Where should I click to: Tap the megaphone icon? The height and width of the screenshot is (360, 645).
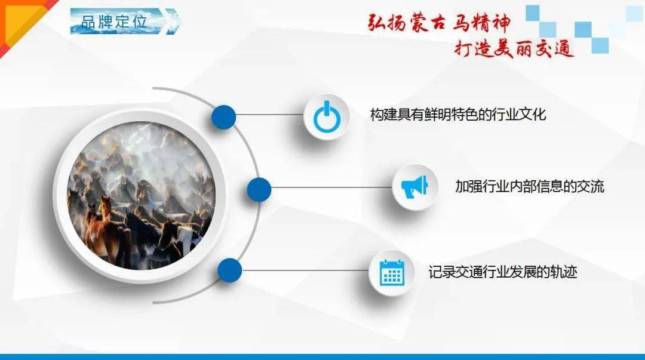point(414,187)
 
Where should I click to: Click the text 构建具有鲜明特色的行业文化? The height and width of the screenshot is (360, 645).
point(457,115)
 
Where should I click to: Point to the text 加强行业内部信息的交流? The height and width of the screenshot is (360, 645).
point(529,186)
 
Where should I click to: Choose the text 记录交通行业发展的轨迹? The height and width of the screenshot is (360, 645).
point(502,272)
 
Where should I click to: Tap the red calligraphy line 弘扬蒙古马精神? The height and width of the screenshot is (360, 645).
point(438,24)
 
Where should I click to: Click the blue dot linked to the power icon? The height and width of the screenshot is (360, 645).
point(223,117)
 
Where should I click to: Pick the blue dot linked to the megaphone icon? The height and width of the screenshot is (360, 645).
point(259,190)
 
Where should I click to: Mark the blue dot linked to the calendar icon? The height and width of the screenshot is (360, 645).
point(229,270)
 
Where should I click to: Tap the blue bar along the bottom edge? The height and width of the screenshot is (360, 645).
point(322,356)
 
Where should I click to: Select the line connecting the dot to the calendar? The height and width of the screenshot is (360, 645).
point(305,270)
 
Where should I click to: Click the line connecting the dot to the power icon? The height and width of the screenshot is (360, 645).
point(269,115)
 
